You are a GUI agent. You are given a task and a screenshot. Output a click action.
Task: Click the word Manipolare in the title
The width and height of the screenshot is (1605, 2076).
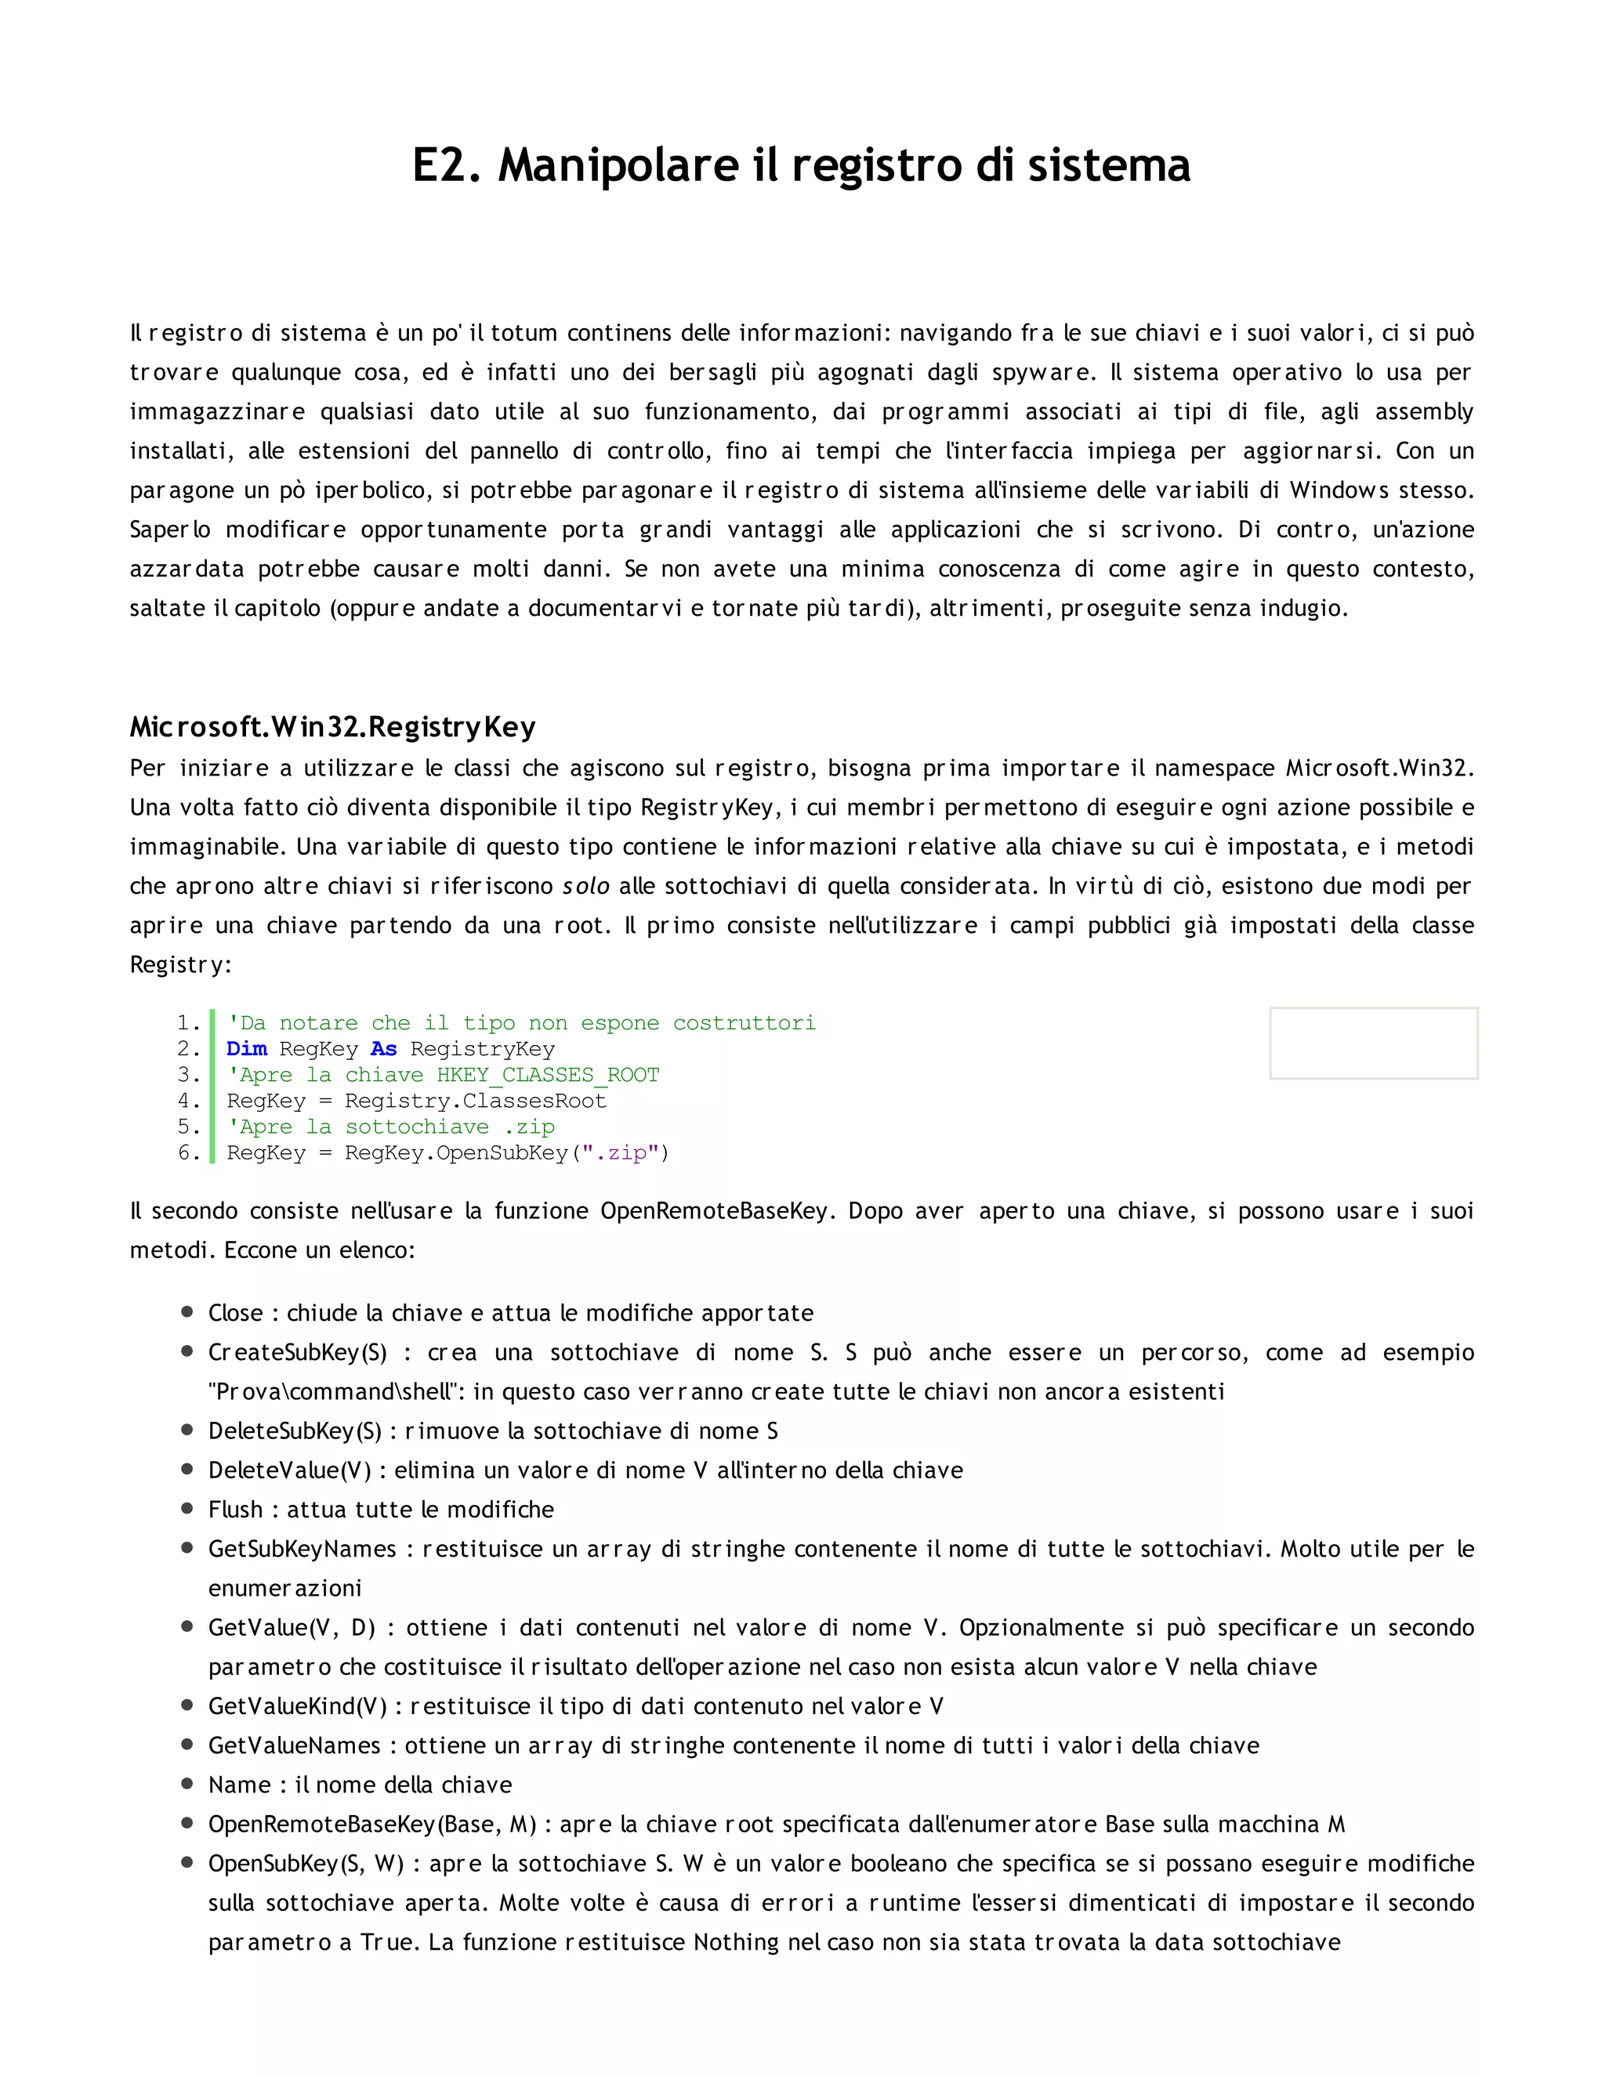pyautogui.click(x=618, y=165)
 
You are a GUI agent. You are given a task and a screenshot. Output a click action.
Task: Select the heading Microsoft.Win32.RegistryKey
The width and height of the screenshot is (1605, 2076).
pyautogui.click(x=333, y=727)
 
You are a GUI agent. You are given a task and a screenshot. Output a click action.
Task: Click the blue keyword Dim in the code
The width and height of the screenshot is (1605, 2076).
pyautogui.click(x=246, y=1048)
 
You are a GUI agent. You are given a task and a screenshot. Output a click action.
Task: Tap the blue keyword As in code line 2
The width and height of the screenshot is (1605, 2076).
pyautogui.click(x=383, y=1048)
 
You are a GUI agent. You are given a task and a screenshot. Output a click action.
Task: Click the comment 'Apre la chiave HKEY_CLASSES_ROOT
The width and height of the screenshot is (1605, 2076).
pyautogui.click(x=442, y=1075)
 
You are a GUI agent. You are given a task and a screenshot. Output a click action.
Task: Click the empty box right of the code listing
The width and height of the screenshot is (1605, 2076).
pyautogui.click(x=1373, y=1043)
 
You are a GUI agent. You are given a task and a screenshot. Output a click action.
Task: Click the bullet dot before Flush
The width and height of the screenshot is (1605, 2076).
pyautogui.click(x=187, y=1509)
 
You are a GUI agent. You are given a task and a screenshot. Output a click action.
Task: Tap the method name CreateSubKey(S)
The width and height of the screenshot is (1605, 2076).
pyautogui.click(x=298, y=1353)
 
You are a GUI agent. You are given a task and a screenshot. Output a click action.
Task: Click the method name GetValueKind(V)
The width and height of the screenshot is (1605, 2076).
pyautogui.click(x=298, y=1706)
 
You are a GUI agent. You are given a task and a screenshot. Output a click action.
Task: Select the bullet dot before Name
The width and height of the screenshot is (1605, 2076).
pyautogui.click(x=187, y=1784)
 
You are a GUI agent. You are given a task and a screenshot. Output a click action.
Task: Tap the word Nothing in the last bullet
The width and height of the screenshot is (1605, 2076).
pyautogui.click(x=737, y=1942)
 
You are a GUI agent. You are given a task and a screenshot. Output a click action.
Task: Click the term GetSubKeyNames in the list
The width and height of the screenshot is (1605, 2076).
pyautogui.click(x=302, y=1549)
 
